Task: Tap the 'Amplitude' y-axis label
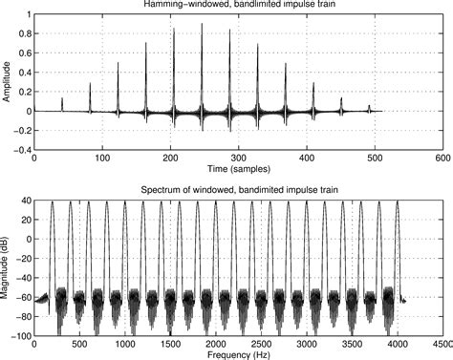tap(8, 82)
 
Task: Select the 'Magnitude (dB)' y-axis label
tap(8, 268)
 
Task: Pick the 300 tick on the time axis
tap(238, 158)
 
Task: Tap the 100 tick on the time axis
tap(102, 158)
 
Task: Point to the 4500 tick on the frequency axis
tap(441, 344)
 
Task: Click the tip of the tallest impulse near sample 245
tap(202, 23)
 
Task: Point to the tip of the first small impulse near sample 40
tap(62, 97)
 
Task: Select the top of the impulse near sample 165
tap(146, 43)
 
